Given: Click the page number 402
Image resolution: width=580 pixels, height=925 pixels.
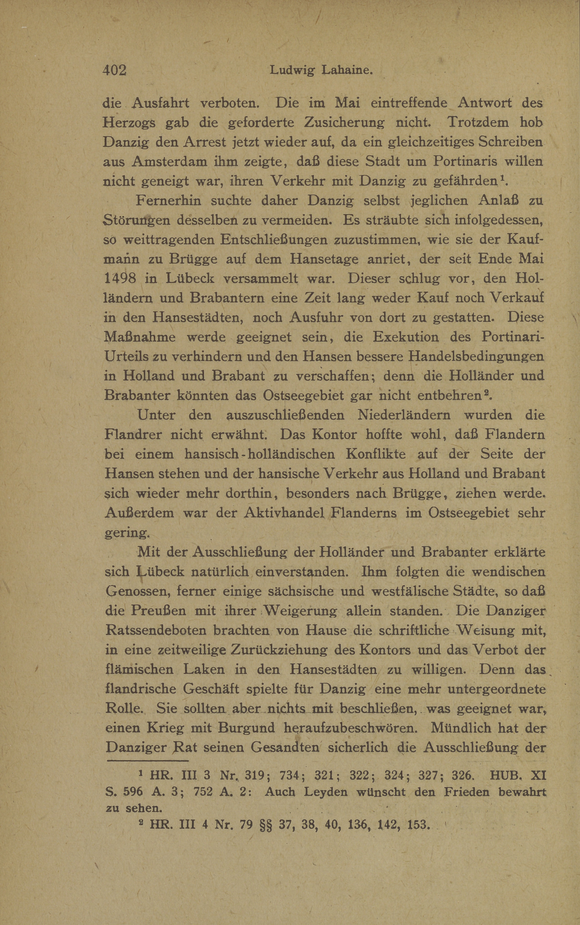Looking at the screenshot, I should [x=114, y=70].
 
